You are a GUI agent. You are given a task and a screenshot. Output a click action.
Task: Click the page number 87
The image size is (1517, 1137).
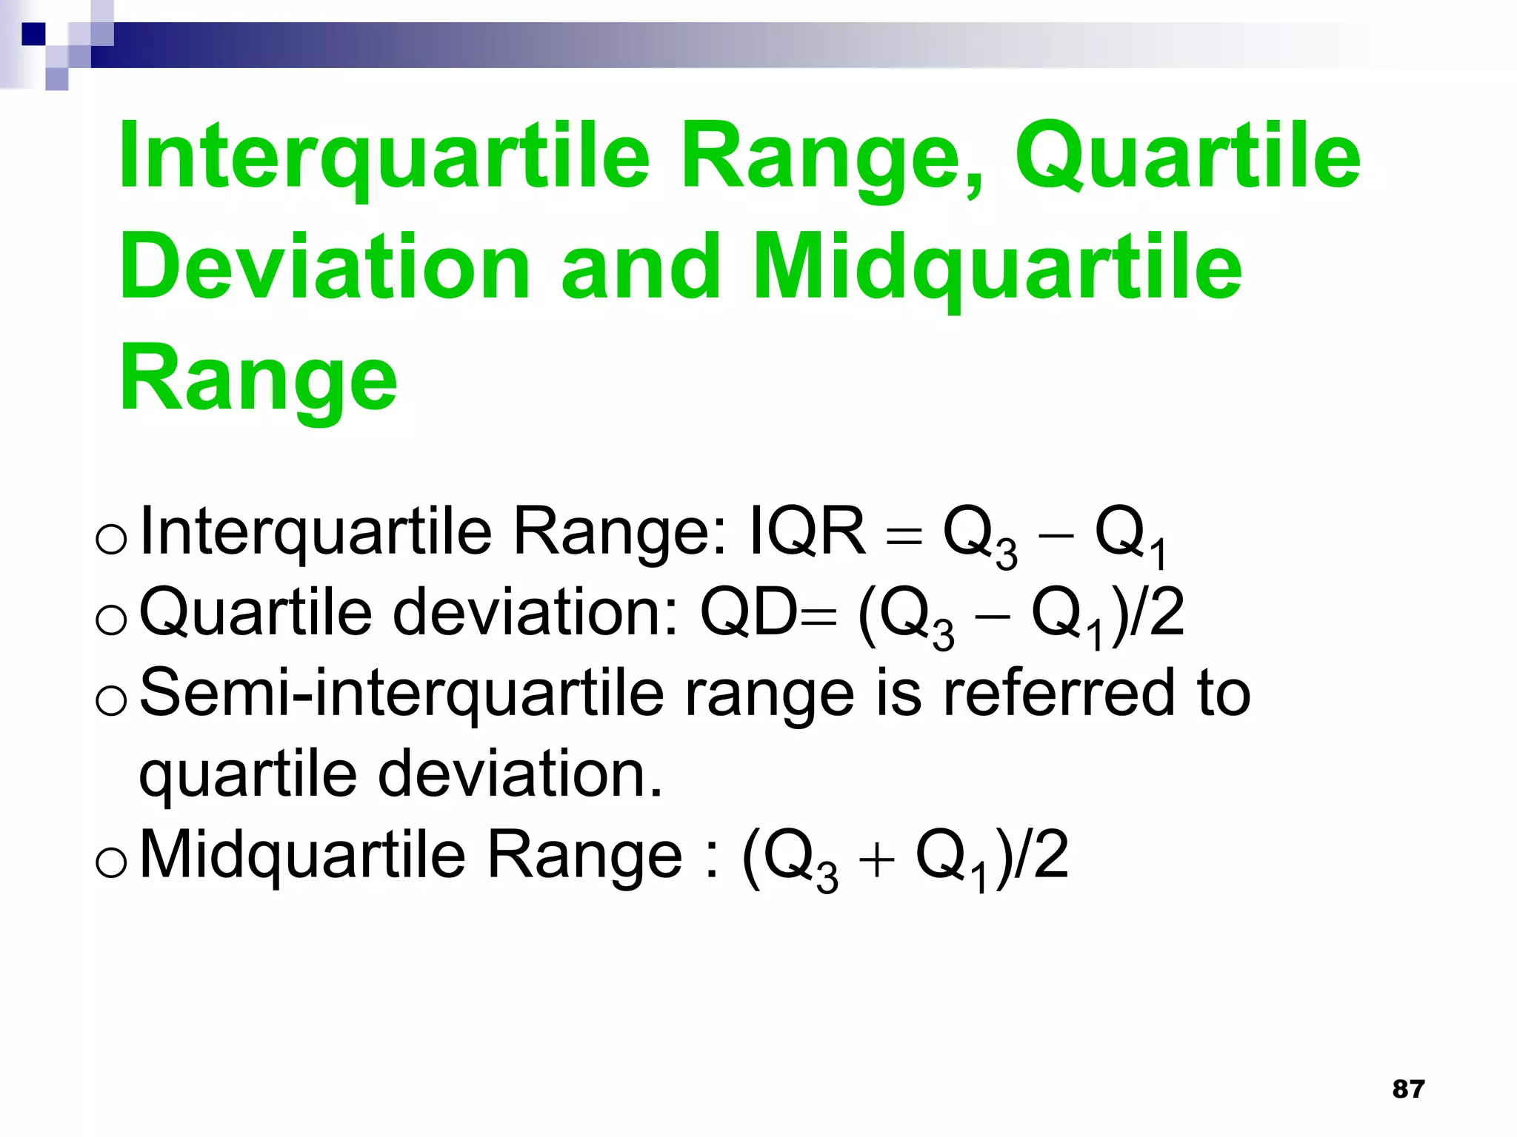tap(1408, 1089)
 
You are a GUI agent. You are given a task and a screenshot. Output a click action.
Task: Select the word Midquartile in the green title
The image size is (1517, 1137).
tap(997, 268)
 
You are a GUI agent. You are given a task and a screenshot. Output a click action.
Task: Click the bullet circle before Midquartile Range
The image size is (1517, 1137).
tap(112, 862)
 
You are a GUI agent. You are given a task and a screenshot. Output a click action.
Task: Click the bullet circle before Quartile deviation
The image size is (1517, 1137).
tap(112, 620)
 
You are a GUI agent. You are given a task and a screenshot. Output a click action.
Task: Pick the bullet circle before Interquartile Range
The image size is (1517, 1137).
tap(112, 539)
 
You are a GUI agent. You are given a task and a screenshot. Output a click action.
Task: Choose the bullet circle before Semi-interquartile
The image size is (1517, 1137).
tap(112, 700)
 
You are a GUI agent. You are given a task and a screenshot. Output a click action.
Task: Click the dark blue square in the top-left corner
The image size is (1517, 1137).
tap(33, 34)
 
